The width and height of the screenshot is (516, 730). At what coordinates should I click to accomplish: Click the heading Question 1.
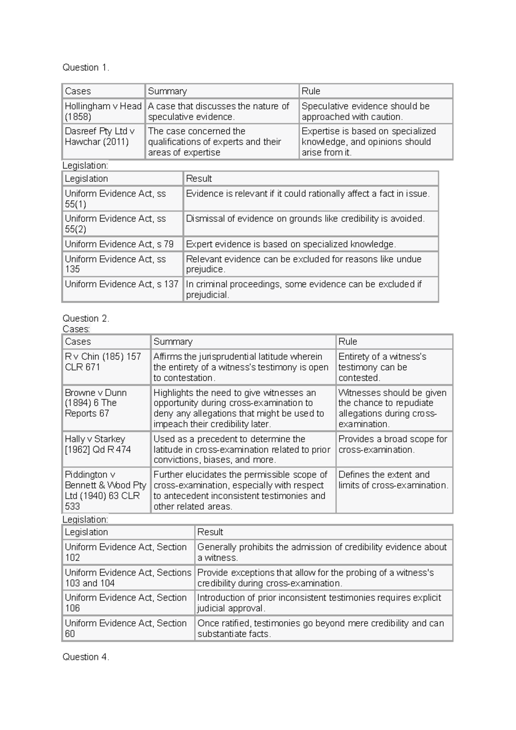(86, 67)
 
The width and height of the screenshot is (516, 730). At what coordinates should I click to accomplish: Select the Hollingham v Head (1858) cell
(103, 111)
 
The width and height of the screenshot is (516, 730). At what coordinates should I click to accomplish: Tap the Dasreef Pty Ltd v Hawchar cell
(103, 141)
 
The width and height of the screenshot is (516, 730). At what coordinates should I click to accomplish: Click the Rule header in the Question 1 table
(375, 91)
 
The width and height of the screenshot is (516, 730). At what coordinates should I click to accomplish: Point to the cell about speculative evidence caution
(375, 111)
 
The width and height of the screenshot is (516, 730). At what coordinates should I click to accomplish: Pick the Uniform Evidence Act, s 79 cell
(123, 244)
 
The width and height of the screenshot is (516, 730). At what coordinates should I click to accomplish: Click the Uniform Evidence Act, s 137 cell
(123, 289)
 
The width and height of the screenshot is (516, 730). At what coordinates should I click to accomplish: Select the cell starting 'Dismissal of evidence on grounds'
(310, 223)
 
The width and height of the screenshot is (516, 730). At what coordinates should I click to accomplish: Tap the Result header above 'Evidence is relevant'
(310, 178)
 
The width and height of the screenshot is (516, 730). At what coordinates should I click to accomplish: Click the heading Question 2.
(86, 319)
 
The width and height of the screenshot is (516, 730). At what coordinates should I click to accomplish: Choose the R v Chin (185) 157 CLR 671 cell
(106, 367)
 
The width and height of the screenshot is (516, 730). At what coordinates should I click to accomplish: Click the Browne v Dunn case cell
(106, 408)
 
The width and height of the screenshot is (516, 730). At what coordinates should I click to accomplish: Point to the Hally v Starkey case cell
(106, 449)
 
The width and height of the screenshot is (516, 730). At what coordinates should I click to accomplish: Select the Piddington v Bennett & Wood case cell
(106, 490)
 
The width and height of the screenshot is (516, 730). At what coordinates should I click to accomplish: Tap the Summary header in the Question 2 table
(243, 342)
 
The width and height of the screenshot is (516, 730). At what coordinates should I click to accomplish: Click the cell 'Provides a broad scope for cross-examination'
(393, 449)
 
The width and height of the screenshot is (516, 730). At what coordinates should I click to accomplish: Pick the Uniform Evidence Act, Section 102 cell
(128, 552)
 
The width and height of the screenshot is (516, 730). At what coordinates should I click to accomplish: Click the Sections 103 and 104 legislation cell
(128, 577)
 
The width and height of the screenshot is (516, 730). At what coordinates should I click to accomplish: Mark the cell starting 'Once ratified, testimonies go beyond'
(323, 628)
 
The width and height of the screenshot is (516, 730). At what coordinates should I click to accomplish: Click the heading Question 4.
(86, 657)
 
